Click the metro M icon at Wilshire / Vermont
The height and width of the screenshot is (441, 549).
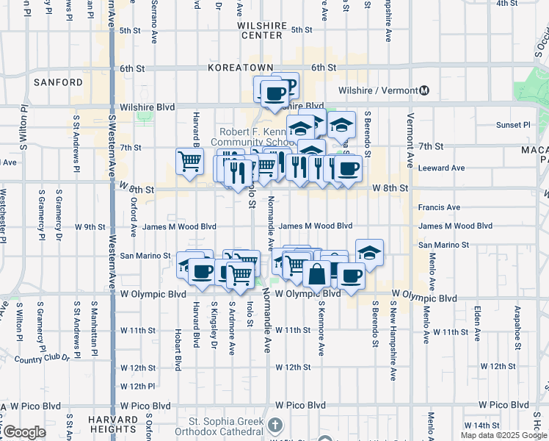pos(424,90)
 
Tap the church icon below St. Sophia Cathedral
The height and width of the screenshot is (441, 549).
pos(274,426)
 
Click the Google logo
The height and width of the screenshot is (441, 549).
pos(23,432)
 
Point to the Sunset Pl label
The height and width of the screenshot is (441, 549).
pos(512,125)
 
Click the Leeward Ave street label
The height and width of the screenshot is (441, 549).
pos(441,168)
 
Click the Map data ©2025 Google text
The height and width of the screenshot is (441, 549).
pos(503,435)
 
